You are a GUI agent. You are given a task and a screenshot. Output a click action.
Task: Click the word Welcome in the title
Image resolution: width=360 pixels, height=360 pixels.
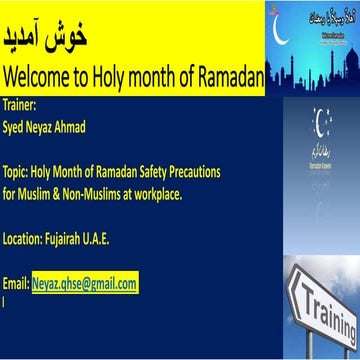tap(34, 76)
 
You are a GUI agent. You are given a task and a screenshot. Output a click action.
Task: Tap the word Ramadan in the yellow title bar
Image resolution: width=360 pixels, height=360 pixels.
tap(225, 76)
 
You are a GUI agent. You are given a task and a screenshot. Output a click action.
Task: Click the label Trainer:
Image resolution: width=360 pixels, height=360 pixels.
tap(19, 102)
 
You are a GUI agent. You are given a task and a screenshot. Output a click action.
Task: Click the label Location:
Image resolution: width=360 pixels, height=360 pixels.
tap(25, 237)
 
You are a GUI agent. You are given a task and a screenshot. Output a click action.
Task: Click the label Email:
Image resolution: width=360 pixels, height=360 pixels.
tap(17, 284)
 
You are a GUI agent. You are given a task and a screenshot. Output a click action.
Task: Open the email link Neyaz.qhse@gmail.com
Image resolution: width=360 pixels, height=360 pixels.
tap(84, 284)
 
